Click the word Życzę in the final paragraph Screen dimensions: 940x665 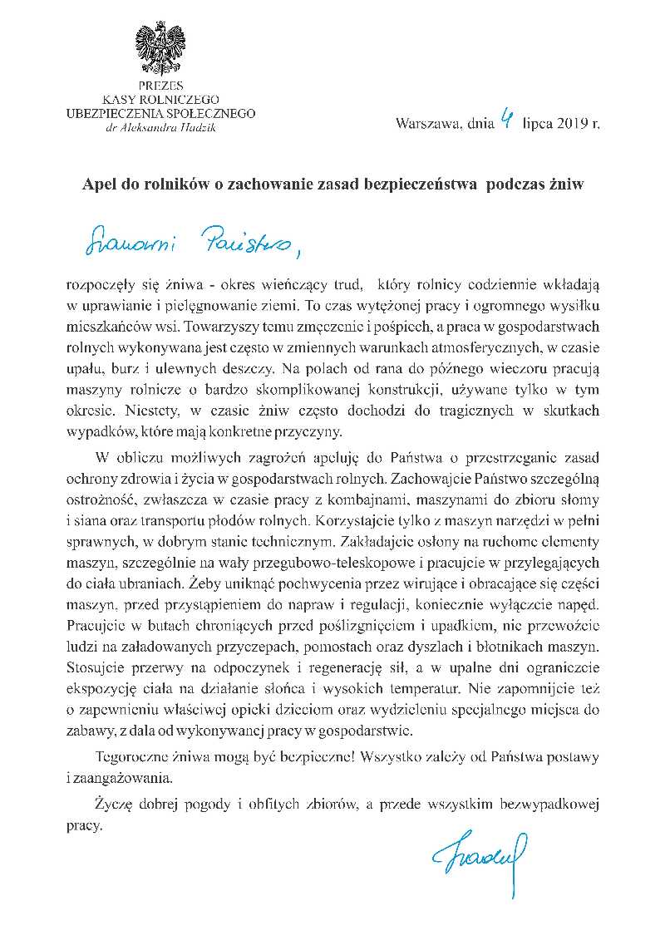[114, 805]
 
